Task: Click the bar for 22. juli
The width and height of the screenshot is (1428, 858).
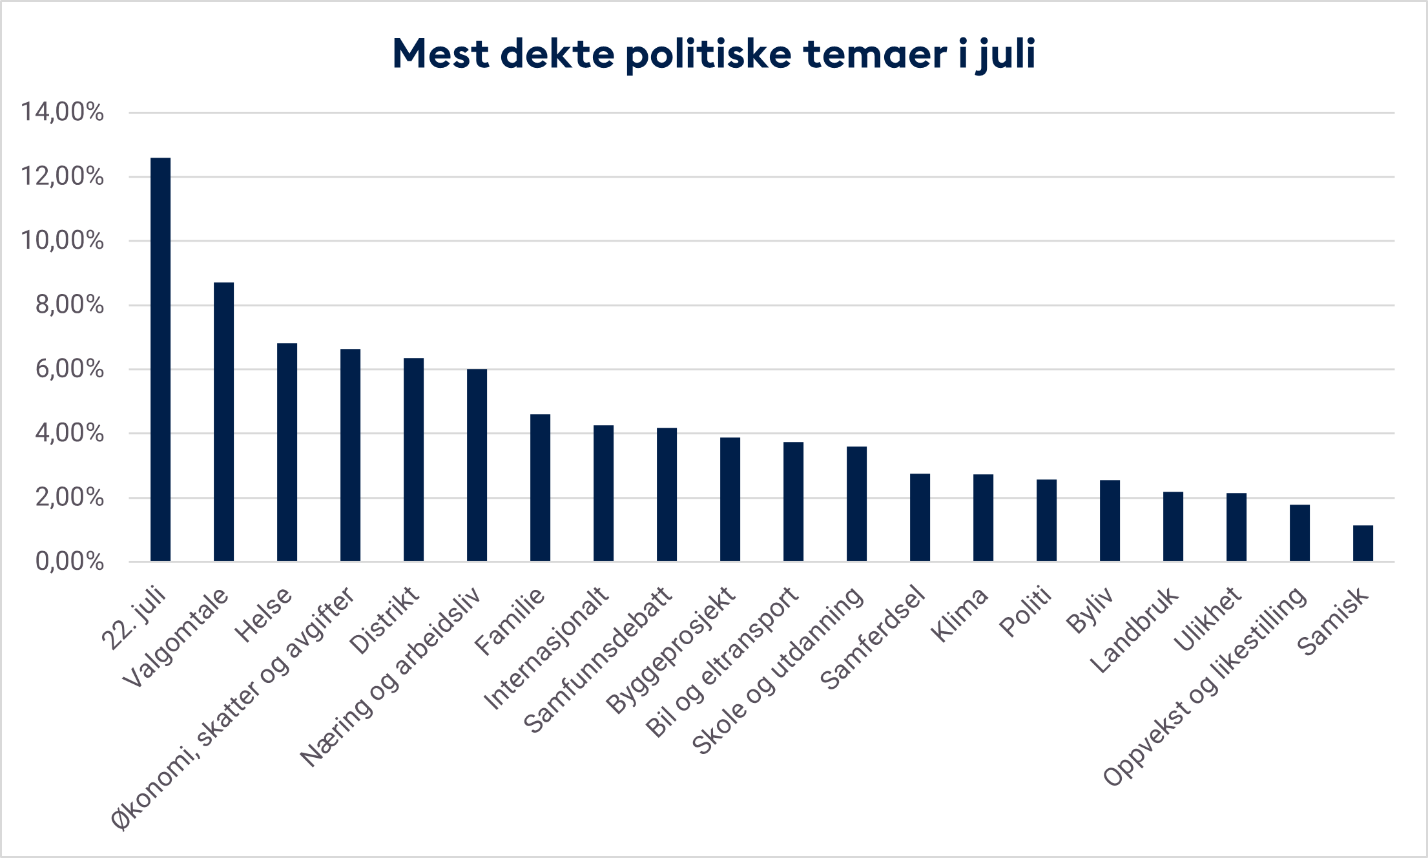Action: [160, 359]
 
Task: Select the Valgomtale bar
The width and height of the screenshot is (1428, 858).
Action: [223, 421]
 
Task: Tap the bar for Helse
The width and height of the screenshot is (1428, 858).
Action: [287, 452]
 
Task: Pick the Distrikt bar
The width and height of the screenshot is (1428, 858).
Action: [413, 459]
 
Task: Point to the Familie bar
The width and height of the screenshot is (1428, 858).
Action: [540, 488]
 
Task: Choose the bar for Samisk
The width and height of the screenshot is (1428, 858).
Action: [1363, 543]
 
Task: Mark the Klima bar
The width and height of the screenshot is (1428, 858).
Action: [983, 518]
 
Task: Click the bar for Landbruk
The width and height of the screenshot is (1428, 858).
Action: [1173, 527]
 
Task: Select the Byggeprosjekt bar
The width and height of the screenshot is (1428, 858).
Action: [730, 499]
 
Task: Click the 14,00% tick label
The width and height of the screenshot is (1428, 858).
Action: [63, 112]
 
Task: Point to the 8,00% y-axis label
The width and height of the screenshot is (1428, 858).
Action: [69, 305]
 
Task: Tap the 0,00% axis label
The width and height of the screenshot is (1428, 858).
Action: [69, 561]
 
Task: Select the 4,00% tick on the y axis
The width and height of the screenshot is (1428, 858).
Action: [69, 433]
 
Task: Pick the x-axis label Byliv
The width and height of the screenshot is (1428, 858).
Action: [1090, 610]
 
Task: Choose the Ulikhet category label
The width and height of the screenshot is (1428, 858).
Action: [1207, 619]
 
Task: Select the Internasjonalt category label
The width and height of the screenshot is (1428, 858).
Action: [546, 648]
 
